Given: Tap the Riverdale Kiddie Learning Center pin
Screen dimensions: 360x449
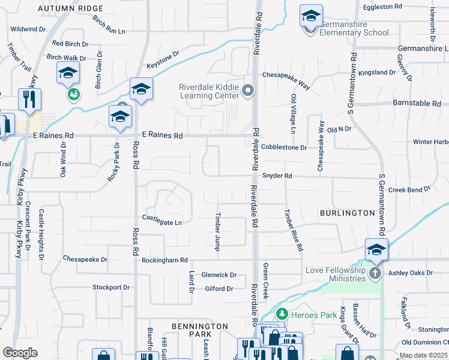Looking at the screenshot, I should coord(249,91).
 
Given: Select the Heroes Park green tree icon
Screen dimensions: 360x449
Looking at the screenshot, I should coord(280,314).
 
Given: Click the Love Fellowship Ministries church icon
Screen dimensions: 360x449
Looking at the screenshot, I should coord(375,274).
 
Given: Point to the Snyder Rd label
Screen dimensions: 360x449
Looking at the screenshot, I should coord(277,176).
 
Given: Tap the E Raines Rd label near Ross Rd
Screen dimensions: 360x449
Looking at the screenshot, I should coord(162,136).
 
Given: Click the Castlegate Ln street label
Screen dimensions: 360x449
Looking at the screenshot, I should coord(161,223).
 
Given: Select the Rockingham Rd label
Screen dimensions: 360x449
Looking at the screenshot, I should coord(164,260).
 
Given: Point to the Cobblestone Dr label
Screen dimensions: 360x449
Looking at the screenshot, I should coord(284,147).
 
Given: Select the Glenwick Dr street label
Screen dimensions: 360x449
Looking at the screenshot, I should coord(219,275).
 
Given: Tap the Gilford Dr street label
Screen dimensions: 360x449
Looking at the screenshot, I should coord(218,289).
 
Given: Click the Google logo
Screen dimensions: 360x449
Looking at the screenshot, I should coord(20,353).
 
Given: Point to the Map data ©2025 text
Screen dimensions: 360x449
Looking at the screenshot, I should coord(424,356).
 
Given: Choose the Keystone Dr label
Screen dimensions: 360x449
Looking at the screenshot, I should coord(163,59).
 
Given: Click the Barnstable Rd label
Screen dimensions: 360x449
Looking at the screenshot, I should coord(417,103).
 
